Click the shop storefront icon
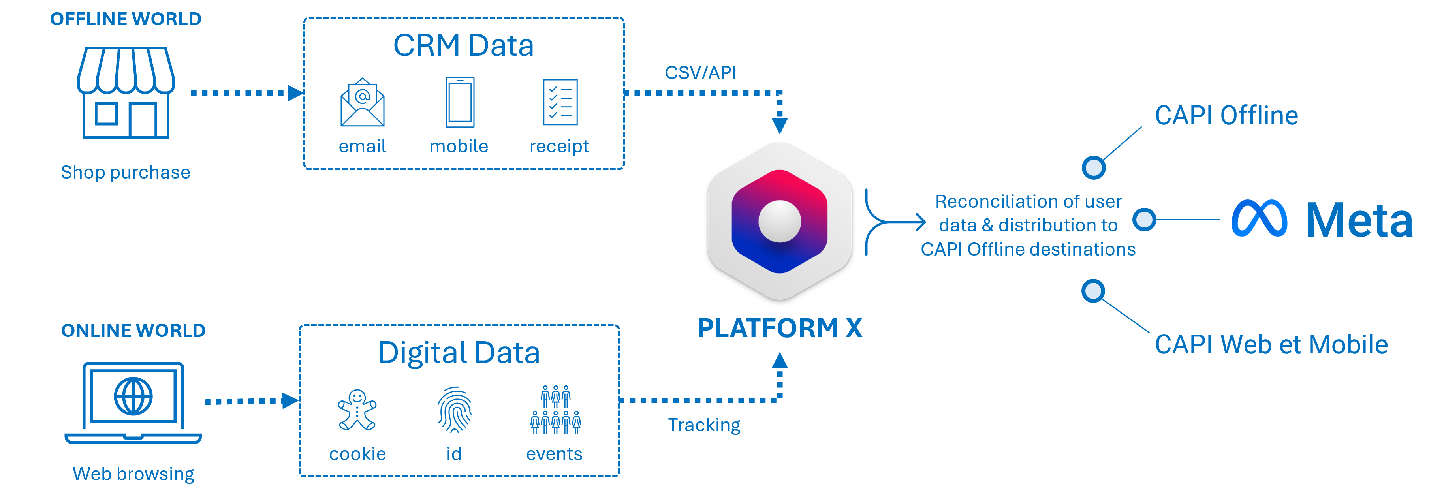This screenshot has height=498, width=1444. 126,92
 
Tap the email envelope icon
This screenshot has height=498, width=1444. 362,103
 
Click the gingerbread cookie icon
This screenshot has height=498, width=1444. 357,410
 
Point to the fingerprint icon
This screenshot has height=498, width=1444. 455,410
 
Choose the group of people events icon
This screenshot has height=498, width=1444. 555,410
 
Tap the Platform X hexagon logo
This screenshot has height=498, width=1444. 779,221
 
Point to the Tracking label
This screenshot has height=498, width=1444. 704,425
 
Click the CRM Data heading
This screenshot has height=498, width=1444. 463,45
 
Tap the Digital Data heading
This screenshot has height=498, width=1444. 459,353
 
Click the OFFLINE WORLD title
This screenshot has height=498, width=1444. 126,19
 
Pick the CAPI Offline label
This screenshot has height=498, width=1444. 1226,116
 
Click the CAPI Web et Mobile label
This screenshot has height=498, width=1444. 1271,344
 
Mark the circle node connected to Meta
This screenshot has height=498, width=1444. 1144,219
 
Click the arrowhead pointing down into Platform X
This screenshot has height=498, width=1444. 780,126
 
